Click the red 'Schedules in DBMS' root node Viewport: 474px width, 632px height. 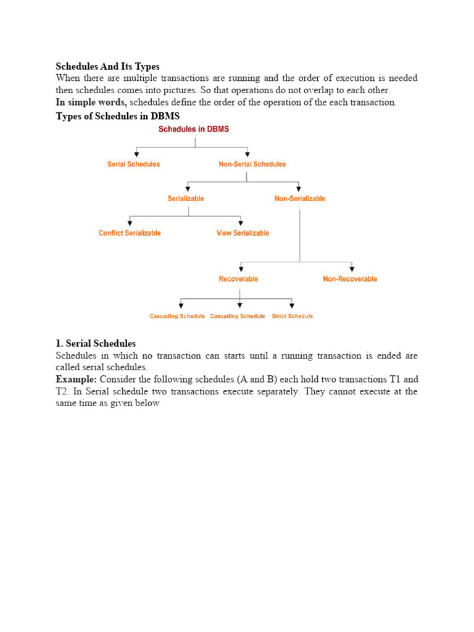coord(194,129)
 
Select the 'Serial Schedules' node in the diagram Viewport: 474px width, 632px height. coord(133,164)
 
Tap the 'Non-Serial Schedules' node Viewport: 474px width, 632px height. coord(252,164)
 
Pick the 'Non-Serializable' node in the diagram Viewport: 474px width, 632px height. coord(300,199)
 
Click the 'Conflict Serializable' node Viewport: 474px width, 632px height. coord(130,233)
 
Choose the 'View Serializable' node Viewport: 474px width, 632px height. coord(243,233)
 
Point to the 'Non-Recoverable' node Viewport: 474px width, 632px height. coord(350,279)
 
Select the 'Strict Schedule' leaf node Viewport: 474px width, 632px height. coord(292,316)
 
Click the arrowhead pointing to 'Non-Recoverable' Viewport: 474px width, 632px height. coord(352,268)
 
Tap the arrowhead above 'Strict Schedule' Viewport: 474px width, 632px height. coord(292,305)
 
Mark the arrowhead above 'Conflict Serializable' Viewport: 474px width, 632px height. coord(130,222)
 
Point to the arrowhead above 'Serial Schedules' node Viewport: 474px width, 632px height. coord(136,153)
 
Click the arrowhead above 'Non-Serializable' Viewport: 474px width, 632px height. coord(299,188)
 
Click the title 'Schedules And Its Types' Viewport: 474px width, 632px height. coord(108,66)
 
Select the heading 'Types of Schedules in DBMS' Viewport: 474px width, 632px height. coord(117,115)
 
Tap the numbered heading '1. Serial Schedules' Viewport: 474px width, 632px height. coord(96,343)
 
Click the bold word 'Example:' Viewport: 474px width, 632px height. coord(76,380)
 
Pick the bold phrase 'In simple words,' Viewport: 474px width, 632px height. coord(91,102)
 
